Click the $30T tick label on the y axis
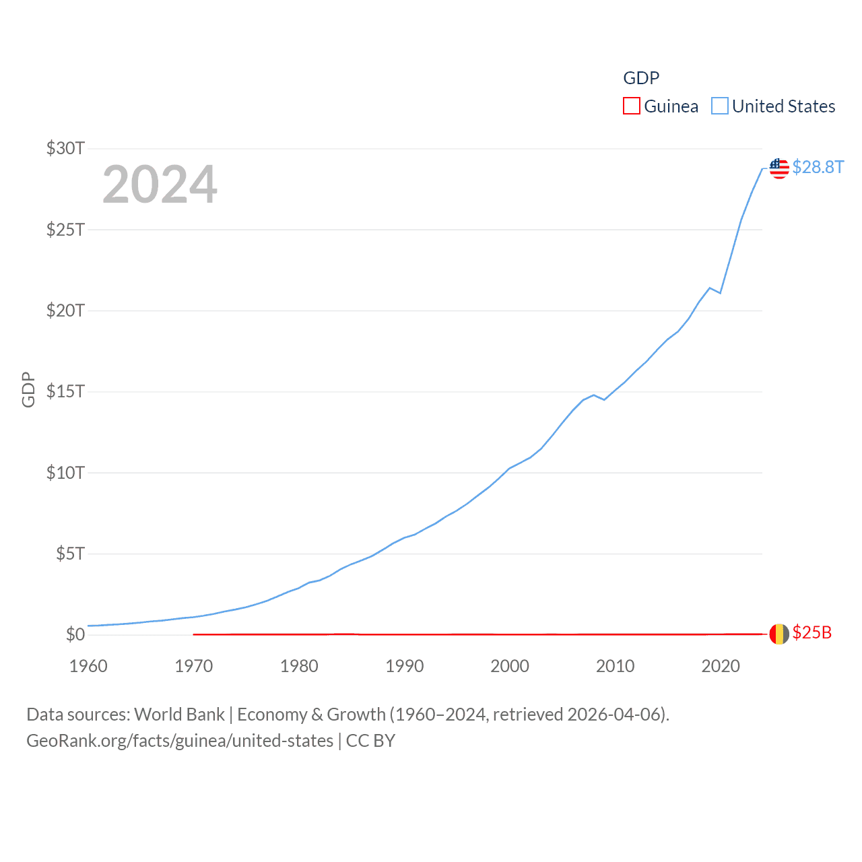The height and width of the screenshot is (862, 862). (65, 148)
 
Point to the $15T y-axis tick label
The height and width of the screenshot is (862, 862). (65, 391)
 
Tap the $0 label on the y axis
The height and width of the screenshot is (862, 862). (75, 634)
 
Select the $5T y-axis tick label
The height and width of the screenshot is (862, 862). (70, 554)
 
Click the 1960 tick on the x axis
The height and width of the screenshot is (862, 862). (88, 666)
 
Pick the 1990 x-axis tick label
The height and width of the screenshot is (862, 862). (404, 666)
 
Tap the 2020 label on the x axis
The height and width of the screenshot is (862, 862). (721, 666)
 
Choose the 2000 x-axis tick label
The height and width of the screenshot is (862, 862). (510, 666)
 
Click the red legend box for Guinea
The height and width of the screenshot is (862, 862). (631, 106)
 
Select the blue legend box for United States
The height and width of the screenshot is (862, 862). (720, 106)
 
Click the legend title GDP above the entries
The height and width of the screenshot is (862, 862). (641, 78)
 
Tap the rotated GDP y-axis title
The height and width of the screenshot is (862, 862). (28, 389)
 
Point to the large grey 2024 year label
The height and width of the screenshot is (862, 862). (160, 185)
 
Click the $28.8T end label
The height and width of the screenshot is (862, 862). (818, 167)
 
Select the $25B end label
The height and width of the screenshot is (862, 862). (811, 632)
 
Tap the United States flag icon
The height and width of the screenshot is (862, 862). (779, 168)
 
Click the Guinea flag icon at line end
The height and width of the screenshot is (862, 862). (779, 634)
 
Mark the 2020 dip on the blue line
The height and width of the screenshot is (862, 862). (721, 293)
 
